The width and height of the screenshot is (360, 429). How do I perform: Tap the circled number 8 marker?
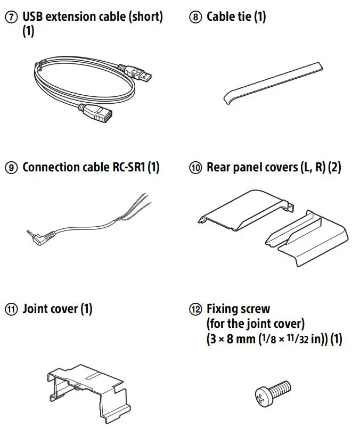pos(196,17)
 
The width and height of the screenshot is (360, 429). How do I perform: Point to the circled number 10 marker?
pos(196,168)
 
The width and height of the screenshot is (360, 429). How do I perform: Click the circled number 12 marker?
pos(196,309)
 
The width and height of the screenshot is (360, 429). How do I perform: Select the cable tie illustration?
pos(272,82)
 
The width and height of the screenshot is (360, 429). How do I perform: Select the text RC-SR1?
pos(125,168)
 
